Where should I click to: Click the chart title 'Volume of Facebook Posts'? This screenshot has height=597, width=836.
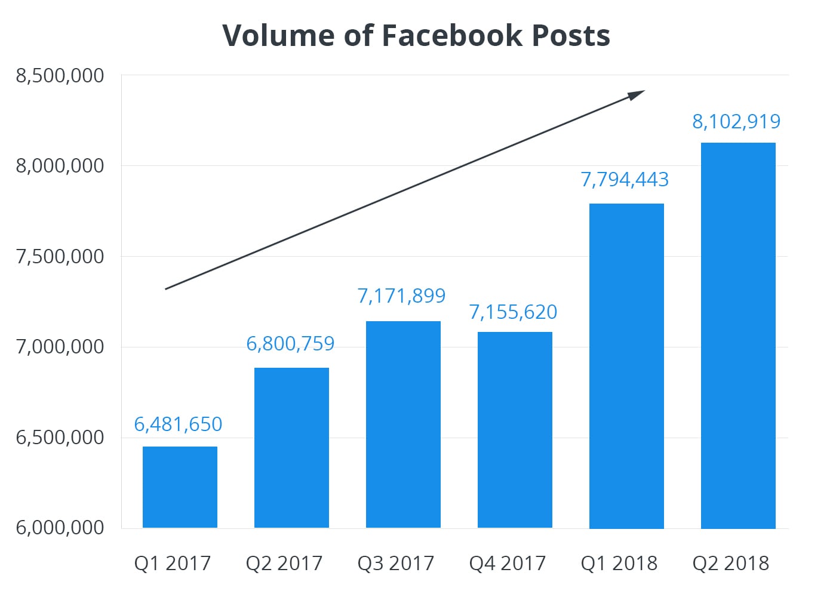click(x=416, y=35)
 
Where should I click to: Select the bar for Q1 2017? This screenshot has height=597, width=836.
click(x=180, y=487)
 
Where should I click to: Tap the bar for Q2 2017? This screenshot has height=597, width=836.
click(x=291, y=448)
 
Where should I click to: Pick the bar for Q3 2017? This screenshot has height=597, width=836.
click(x=403, y=424)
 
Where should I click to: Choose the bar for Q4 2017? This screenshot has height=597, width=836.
click(x=515, y=430)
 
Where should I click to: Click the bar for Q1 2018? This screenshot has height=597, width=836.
click(x=626, y=366)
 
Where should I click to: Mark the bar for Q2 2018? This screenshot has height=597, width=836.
click(x=738, y=336)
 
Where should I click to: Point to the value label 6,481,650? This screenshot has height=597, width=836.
click(x=178, y=424)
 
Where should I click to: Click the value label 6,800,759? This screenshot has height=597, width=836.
click(x=290, y=344)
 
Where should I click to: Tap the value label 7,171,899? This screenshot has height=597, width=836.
click(x=401, y=296)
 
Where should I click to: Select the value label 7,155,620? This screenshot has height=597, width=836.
click(x=513, y=312)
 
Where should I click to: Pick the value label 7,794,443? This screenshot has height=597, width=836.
click(x=625, y=179)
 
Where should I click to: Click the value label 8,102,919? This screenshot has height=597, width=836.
click(x=736, y=121)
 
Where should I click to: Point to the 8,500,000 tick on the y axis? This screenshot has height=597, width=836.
click(x=60, y=76)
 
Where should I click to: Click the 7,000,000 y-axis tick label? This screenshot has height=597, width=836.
click(x=60, y=346)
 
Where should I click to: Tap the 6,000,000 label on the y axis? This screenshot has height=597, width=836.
click(x=60, y=528)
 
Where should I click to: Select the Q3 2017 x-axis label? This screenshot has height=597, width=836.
click(x=396, y=563)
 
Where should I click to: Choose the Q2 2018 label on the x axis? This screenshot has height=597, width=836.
click(x=731, y=563)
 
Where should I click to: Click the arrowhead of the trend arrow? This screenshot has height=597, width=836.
click(x=638, y=94)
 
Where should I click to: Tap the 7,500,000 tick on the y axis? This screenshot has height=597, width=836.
click(x=60, y=256)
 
